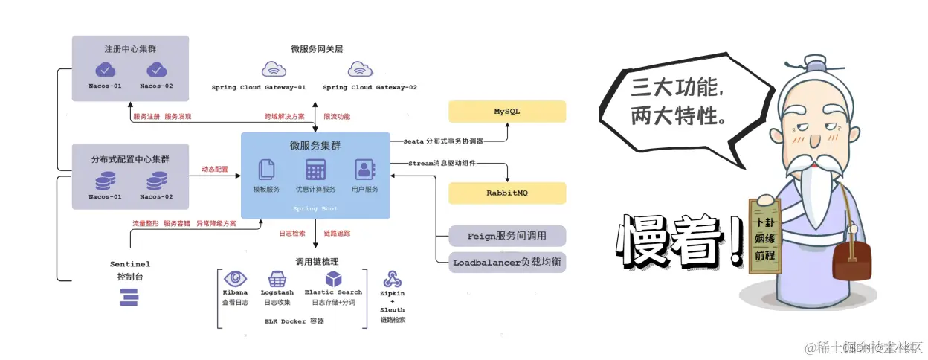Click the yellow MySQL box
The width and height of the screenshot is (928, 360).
(x=507, y=112)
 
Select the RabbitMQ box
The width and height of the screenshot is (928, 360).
(x=507, y=193)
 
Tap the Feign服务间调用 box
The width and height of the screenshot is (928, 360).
(x=507, y=236)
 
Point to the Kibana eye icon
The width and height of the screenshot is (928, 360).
(x=236, y=279)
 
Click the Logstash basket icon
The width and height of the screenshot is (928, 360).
(x=277, y=279)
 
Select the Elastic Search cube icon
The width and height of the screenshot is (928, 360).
(x=334, y=279)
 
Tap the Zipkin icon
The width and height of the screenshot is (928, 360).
(x=392, y=280)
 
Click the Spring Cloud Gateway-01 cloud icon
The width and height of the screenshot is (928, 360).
(x=274, y=69)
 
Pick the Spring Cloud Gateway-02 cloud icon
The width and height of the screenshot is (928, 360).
(x=361, y=69)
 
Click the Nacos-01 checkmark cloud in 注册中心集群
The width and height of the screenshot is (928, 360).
(x=106, y=70)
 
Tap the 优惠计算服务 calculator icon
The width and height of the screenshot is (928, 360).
(x=315, y=170)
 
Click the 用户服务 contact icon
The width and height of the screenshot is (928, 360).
(x=364, y=170)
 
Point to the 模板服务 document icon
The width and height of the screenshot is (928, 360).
(x=266, y=170)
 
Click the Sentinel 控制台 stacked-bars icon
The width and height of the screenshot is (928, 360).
(x=129, y=298)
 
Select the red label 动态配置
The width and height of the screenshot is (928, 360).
(x=215, y=170)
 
